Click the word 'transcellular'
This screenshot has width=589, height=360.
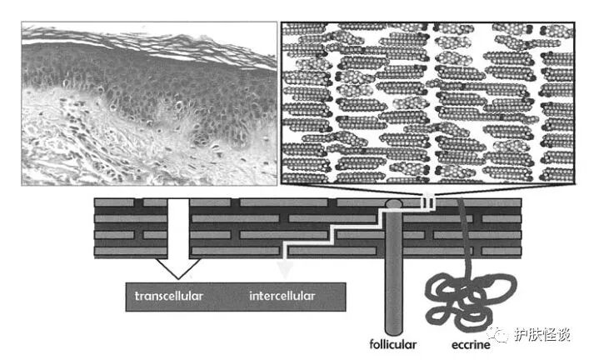point(169,296)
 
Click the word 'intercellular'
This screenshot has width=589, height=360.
point(282,296)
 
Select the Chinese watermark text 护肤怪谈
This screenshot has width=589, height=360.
point(543,335)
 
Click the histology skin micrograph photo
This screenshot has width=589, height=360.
point(148,104)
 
